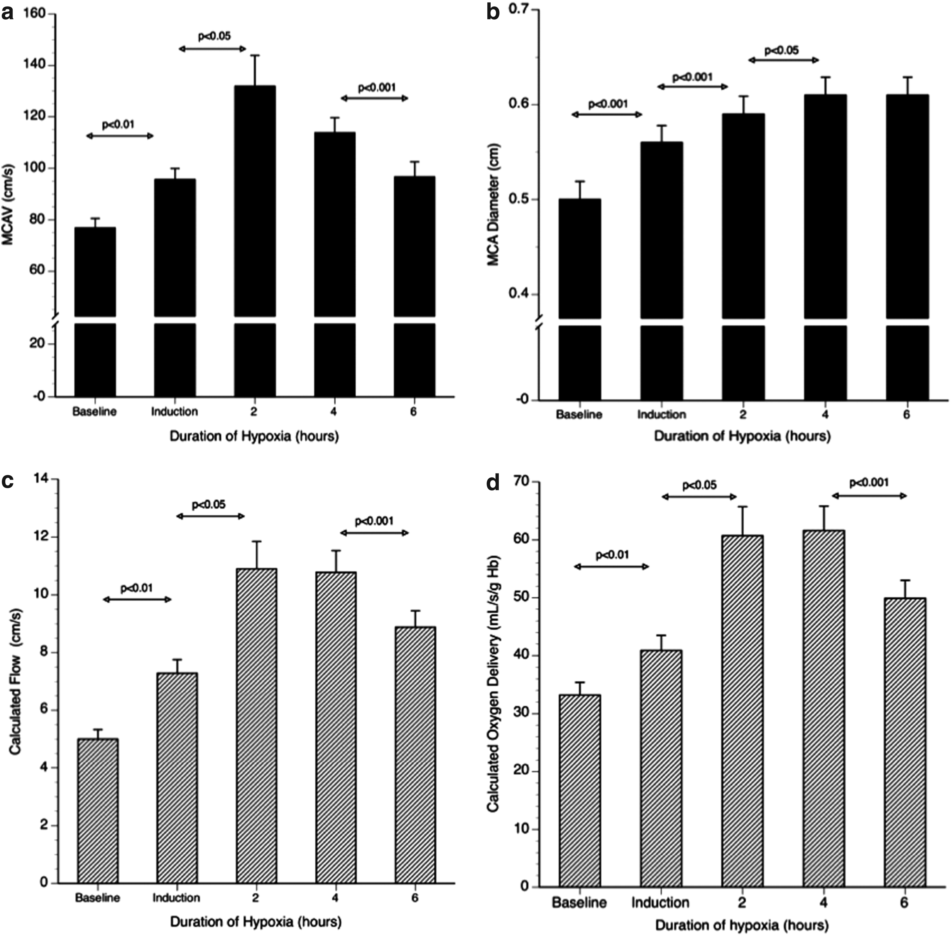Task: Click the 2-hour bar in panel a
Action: [255, 241]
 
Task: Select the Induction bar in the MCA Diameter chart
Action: [662, 271]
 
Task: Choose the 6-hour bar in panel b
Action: [907, 247]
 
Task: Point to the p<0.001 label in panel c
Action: [374, 521]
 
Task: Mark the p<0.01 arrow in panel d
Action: [612, 567]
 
